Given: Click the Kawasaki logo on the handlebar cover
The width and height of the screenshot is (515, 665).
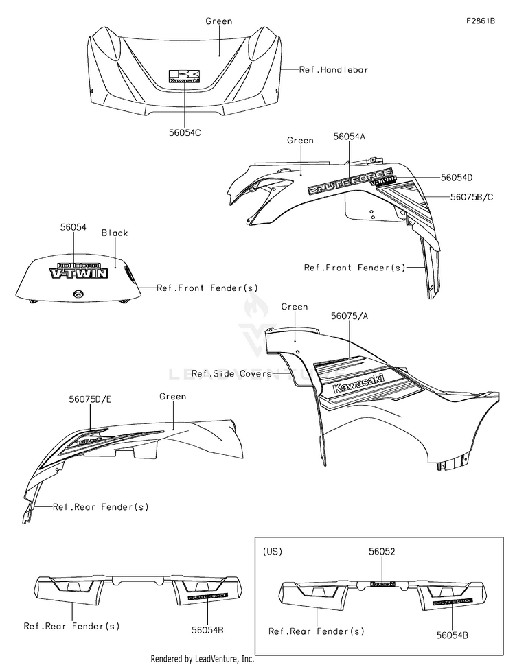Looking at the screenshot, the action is click(x=184, y=75).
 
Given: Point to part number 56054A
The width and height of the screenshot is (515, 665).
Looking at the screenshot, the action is click(x=349, y=137).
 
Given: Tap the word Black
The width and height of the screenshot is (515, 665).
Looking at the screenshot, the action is click(x=115, y=233).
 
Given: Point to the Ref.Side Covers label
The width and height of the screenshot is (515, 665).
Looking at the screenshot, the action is click(x=231, y=373).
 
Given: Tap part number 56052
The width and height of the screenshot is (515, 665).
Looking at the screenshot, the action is click(x=382, y=550).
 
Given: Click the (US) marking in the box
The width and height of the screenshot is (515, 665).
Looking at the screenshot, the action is click(x=273, y=550).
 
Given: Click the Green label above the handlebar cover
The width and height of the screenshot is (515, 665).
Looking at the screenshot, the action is click(x=218, y=21).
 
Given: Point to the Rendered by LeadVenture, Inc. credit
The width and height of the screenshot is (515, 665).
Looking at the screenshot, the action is click(x=203, y=659).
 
